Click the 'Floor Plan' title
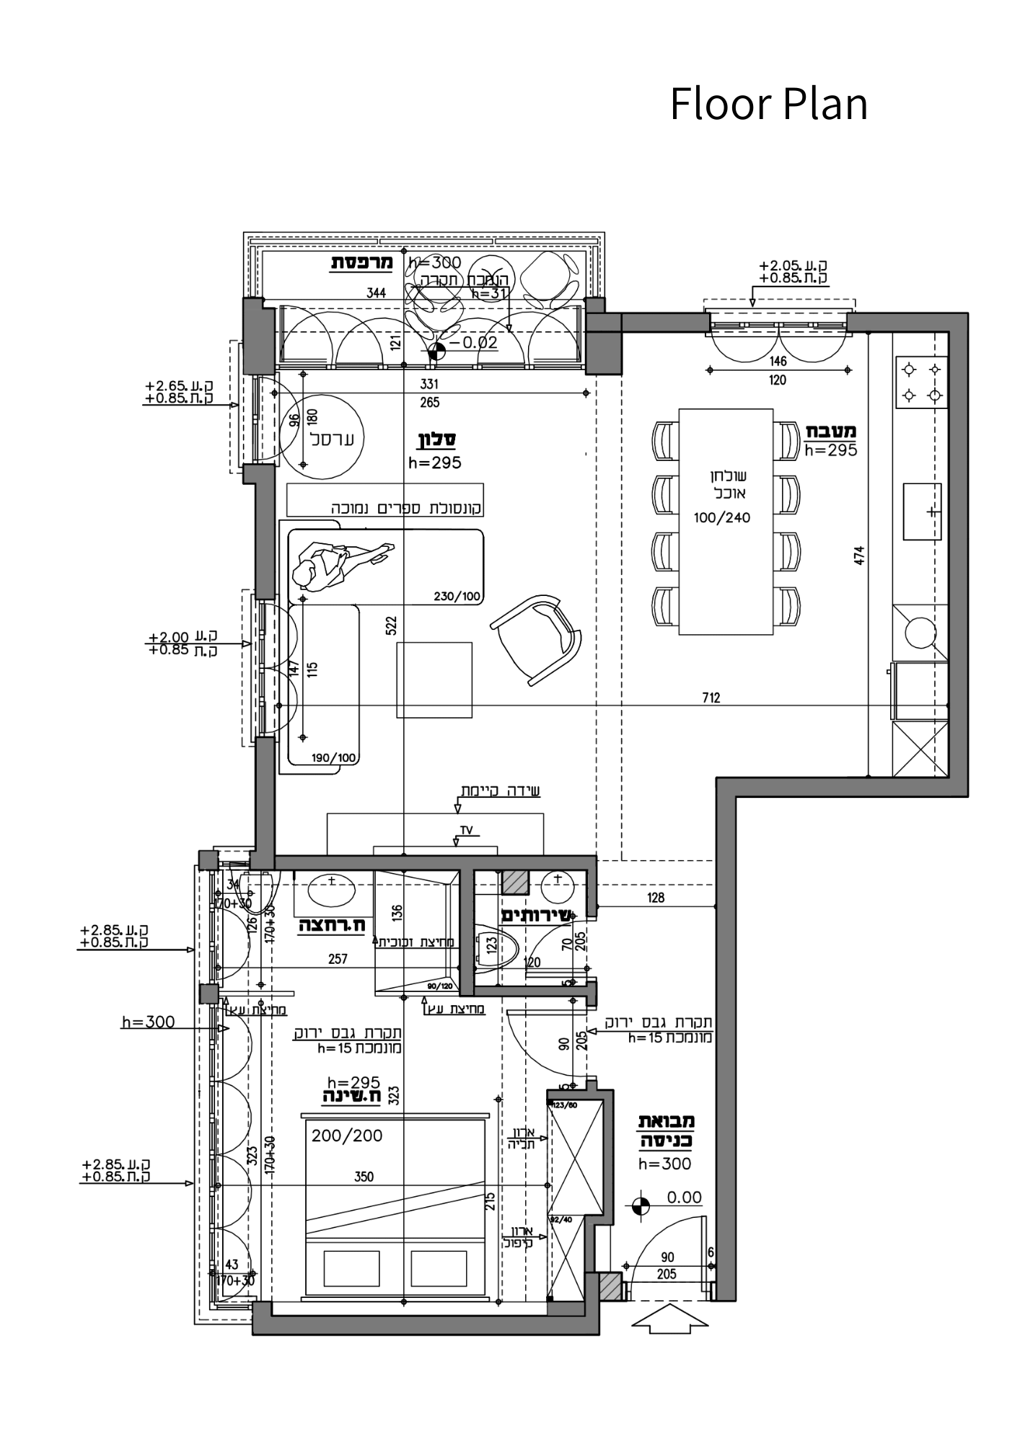point(768,104)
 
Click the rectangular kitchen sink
point(922,512)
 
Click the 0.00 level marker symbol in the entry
point(640,1206)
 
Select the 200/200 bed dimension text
point(347,1136)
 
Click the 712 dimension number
point(711,698)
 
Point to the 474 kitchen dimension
point(858,556)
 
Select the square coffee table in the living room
point(434,680)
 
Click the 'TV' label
point(466,830)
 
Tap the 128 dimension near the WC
point(656,898)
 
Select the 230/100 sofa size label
point(457,597)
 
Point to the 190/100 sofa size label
point(334,758)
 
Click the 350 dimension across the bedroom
point(364,1177)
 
